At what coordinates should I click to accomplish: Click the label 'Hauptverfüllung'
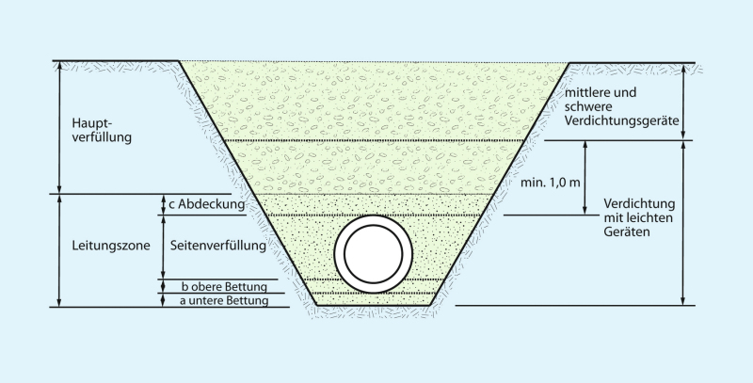(x=102, y=130)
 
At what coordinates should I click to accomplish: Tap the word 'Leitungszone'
(x=111, y=246)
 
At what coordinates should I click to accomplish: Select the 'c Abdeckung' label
(x=207, y=204)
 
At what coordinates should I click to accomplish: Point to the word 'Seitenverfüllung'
(x=218, y=246)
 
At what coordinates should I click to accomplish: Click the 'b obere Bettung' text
(x=224, y=287)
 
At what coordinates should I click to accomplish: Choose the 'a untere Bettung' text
(x=224, y=301)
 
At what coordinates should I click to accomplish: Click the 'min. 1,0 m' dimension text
(x=551, y=183)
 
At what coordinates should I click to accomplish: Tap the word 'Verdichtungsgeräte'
(x=622, y=121)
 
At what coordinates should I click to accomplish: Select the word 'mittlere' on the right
(x=585, y=92)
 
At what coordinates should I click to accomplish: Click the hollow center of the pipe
(x=373, y=253)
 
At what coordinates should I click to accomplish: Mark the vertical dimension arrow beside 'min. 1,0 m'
(x=585, y=178)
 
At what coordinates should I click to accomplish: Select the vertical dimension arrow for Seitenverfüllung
(x=163, y=247)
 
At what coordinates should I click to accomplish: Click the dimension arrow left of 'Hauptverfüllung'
(x=59, y=127)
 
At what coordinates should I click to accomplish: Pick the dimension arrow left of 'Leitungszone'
(x=59, y=250)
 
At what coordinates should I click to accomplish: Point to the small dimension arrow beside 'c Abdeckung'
(x=163, y=204)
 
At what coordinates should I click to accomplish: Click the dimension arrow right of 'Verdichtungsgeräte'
(x=684, y=102)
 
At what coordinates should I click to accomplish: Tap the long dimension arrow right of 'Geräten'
(x=684, y=223)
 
